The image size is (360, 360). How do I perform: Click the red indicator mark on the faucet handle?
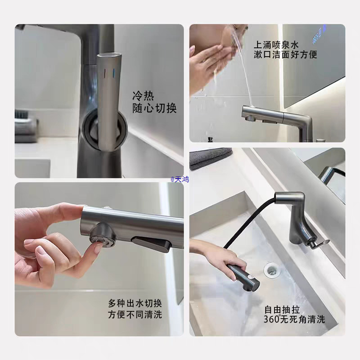(x=104, y=73)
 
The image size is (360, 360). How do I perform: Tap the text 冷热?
(x=143, y=96)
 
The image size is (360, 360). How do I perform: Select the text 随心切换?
(x=154, y=108)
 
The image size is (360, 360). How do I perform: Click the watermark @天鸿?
(x=180, y=179)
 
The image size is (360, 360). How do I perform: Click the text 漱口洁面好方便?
(x=285, y=55)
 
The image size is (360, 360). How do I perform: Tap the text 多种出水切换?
(x=135, y=302)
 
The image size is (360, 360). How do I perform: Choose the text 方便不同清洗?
(x=135, y=314)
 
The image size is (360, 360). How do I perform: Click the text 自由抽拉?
(x=281, y=309)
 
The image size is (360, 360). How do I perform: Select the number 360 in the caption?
(x=271, y=319)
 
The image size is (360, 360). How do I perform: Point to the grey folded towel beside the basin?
(x=211, y=157)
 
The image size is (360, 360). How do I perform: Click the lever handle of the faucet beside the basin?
(x=320, y=243)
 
